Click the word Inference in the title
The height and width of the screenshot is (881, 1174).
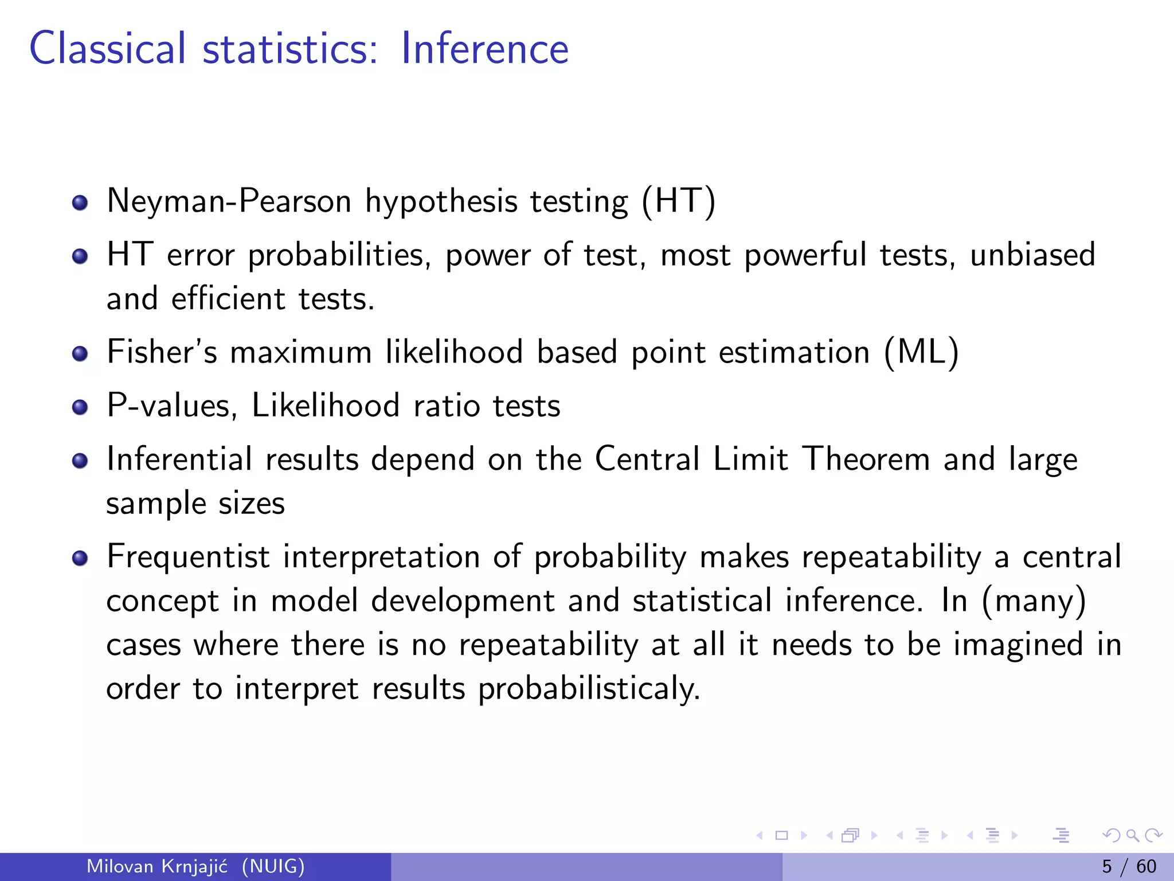click(484, 48)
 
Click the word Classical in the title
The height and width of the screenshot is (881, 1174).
click(108, 48)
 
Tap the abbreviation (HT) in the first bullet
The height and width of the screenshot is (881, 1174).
click(679, 201)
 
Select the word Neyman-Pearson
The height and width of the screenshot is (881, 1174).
click(229, 201)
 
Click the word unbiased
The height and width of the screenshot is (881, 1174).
click(1032, 255)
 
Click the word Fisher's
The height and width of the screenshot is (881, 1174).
click(162, 352)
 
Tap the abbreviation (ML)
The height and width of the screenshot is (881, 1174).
click(921, 352)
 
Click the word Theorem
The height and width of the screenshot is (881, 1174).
click(866, 459)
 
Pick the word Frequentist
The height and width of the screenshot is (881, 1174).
click(188, 557)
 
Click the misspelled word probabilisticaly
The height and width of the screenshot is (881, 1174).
click(589, 688)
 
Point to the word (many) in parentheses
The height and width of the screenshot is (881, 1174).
click(1034, 601)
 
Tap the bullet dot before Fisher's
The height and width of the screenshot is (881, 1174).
click(80, 354)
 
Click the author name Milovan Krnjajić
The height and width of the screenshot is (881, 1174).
click(157, 866)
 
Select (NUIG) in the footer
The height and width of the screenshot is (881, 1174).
click(273, 866)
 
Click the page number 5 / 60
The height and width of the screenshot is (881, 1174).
click(1129, 866)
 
